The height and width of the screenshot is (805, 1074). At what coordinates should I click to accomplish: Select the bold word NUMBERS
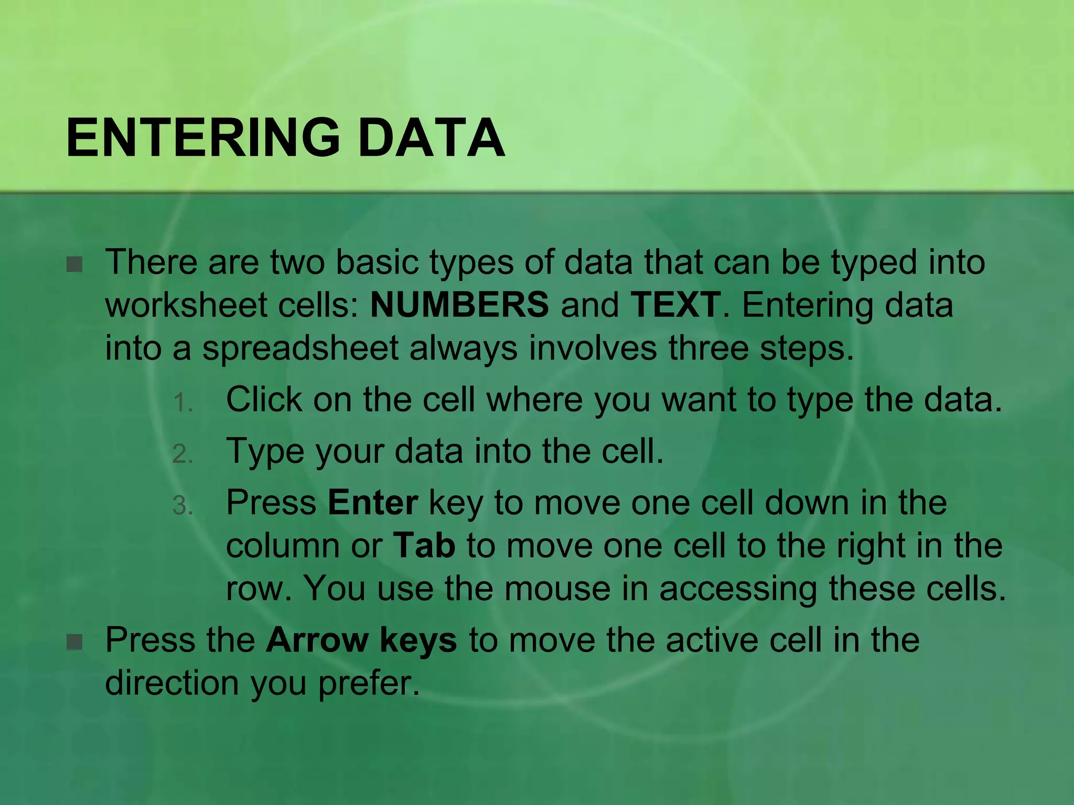point(459,305)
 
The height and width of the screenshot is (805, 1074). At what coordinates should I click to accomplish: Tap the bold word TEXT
point(675,305)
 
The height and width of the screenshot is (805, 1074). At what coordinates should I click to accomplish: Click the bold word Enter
point(373,503)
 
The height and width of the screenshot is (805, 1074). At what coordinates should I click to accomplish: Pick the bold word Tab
point(424,546)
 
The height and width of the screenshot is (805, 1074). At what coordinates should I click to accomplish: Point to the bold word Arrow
point(317,640)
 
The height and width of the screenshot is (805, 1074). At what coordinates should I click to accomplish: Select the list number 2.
point(182,454)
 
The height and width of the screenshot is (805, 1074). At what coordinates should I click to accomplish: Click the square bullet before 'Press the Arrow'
point(75,642)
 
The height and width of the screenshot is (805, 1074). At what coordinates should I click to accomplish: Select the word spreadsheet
point(300,349)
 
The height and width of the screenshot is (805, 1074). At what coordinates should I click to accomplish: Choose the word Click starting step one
point(264,400)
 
